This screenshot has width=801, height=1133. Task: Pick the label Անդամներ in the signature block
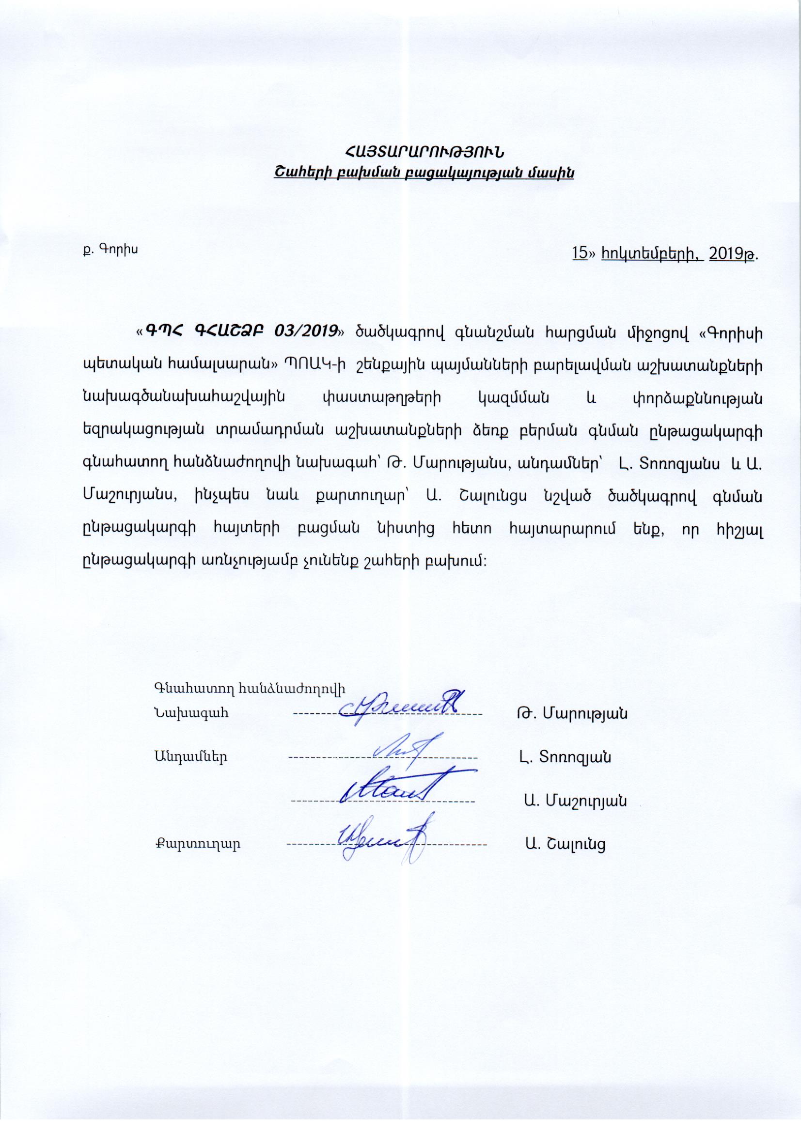pyautogui.click(x=190, y=756)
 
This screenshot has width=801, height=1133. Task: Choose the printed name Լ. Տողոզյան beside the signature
pyautogui.click(x=565, y=756)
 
